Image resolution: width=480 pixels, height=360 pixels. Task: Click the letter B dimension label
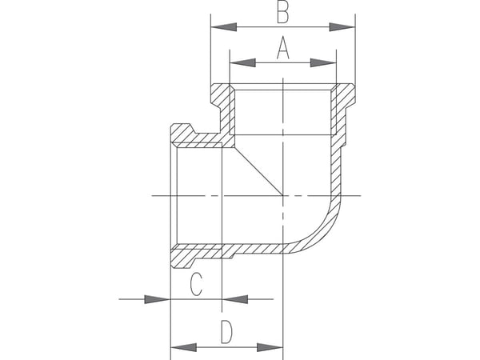pos(282,13)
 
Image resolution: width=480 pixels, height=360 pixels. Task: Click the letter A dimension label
pos(283,47)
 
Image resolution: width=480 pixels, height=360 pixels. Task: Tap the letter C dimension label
pos(196,284)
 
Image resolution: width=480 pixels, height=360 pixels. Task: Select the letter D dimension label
pos(226,332)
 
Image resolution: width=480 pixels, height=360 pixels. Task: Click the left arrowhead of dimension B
pos(224,27)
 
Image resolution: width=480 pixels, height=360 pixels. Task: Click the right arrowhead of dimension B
pos(342,27)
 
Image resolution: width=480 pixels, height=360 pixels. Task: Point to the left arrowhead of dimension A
pos(242,62)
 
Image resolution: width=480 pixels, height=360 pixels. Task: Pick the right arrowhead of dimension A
pos(323,62)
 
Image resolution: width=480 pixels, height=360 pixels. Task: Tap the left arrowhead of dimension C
pos(157,299)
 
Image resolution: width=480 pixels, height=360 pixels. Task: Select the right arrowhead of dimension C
pos(234,299)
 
